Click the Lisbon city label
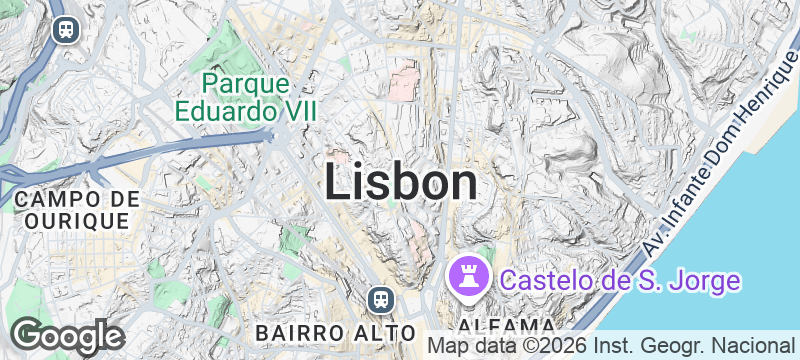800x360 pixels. click(401, 182)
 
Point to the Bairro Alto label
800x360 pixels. click(335, 331)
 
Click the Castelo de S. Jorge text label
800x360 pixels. click(620, 280)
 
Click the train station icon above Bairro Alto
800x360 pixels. click(380, 299)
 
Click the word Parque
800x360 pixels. click(245, 82)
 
